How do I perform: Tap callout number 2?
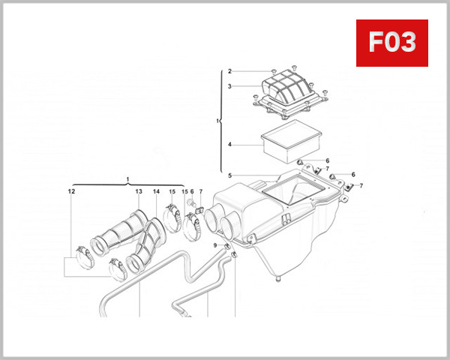[x=230, y=70]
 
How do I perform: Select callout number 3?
[x=230, y=86]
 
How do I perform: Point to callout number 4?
[x=230, y=145]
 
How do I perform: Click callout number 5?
[x=230, y=176]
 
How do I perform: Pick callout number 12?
[x=71, y=192]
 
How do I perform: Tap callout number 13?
[x=139, y=192]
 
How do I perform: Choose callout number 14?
[x=156, y=192]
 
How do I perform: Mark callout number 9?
[x=214, y=245]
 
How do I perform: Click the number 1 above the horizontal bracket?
[x=128, y=178]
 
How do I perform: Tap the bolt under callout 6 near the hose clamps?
[x=193, y=205]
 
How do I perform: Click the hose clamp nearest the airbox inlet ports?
[x=193, y=225]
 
